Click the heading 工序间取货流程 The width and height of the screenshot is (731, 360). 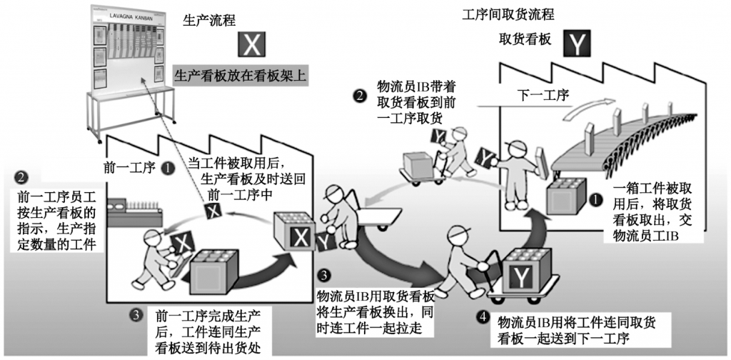tap(508, 13)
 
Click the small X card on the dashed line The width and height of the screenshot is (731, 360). tap(211, 209)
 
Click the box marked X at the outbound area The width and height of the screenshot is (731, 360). tap(296, 235)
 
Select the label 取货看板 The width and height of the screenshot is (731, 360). tap(525, 41)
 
